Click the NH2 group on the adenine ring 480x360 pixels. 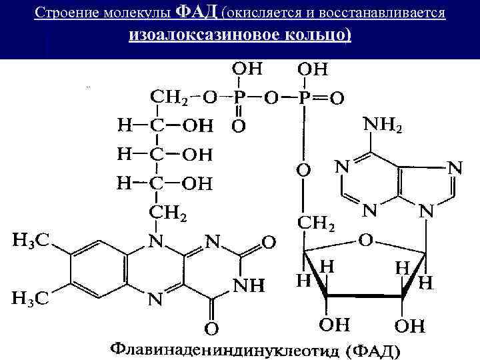pos(382,125)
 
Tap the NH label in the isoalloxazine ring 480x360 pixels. pos(249,285)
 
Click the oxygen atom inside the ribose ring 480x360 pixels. pos(366,238)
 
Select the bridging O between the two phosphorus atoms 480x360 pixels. pos(272,98)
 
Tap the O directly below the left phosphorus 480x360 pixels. pos(238,125)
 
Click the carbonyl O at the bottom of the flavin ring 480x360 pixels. pos(211,328)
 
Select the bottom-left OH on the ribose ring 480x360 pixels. pos(333,325)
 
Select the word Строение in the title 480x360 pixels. pos(59,13)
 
